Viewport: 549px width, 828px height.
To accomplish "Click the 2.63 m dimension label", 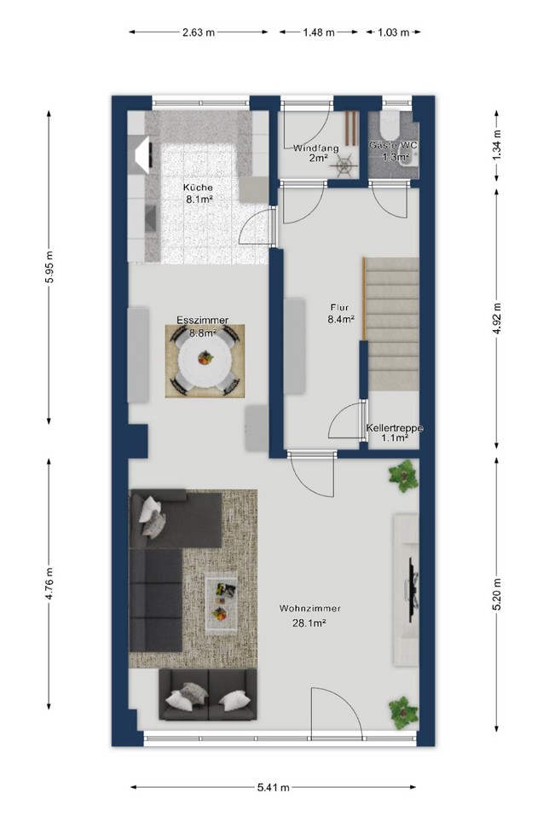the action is (199, 32).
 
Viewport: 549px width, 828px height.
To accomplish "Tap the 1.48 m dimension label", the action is (319, 32).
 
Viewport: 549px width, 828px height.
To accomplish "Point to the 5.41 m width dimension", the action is (274, 787).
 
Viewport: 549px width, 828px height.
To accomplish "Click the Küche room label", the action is (198, 187).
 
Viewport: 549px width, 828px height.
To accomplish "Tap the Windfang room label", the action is (315, 148).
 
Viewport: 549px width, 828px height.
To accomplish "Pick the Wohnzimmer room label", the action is (309, 608).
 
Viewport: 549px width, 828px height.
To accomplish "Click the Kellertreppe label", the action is (395, 428).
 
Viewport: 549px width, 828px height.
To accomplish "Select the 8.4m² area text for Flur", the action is (340, 319).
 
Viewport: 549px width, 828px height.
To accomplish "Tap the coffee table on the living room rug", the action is (221, 603).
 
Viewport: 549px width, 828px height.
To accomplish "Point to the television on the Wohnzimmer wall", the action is (413, 586).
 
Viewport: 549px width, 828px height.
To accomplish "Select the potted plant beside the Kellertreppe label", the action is (403, 476).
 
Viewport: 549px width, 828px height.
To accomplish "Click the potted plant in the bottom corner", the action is (403, 713).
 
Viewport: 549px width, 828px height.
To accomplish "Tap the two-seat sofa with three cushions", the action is (208, 695).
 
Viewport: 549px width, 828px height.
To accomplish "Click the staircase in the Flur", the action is (392, 324).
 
